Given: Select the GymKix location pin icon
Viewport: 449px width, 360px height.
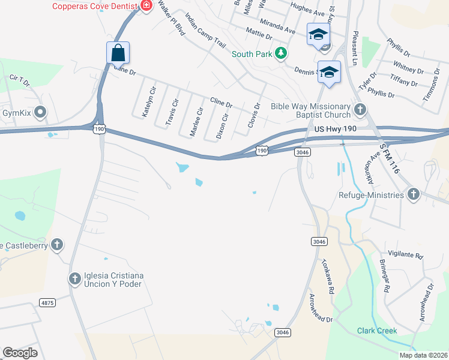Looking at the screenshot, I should [x=41, y=112].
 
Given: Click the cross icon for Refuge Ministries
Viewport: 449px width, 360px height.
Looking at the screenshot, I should [x=413, y=194].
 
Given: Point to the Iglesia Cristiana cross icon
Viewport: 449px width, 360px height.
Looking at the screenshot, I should [x=75, y=278].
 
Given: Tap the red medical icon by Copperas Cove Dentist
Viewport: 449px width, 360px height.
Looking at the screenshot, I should [x=146, y=6].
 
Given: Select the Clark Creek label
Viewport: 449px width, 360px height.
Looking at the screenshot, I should [x=377, y=331].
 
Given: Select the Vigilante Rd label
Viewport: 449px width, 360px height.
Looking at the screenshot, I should [x=405, y=256].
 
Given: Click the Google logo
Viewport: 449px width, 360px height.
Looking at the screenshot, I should [x=20, y=352].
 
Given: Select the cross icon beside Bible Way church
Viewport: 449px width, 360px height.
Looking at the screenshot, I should [x=360, y=109].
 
